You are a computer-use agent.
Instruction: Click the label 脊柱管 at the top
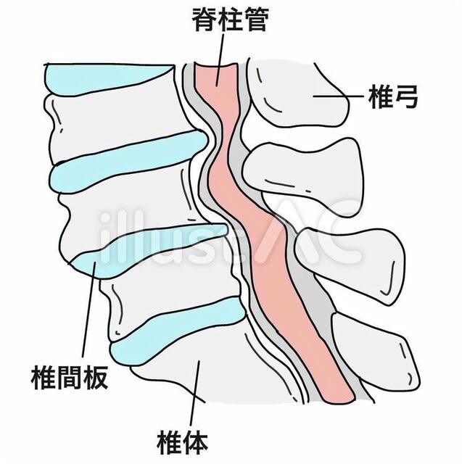point(230,20)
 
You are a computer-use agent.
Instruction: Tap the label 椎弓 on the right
point(393,96)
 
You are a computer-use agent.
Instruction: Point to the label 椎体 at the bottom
point(182,442)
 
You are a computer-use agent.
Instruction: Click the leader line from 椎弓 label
point(338,96)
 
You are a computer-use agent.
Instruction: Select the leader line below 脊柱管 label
point(220,59)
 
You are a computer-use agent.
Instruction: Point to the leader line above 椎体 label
point(195,393)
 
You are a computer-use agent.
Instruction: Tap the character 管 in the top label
point(256,20)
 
